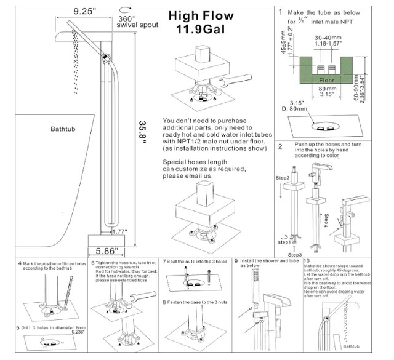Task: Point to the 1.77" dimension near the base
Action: [119, 231]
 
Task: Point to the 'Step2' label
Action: [283, 177]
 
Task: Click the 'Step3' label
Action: [295, 254]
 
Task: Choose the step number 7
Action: [164, 262]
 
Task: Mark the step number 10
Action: [324, 262]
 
